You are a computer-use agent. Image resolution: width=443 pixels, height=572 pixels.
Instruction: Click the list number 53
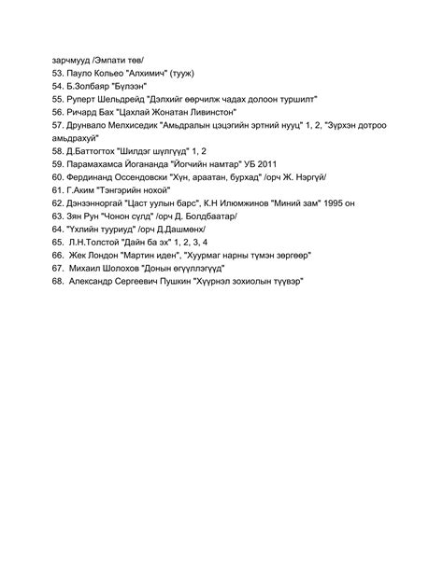pos(58,71)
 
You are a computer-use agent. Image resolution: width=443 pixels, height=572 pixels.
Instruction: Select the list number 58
pos(58,149)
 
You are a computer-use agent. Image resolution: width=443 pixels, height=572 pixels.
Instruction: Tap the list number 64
pos(58,228)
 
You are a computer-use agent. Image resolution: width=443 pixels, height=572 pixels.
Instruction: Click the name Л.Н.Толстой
pos(101,241)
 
